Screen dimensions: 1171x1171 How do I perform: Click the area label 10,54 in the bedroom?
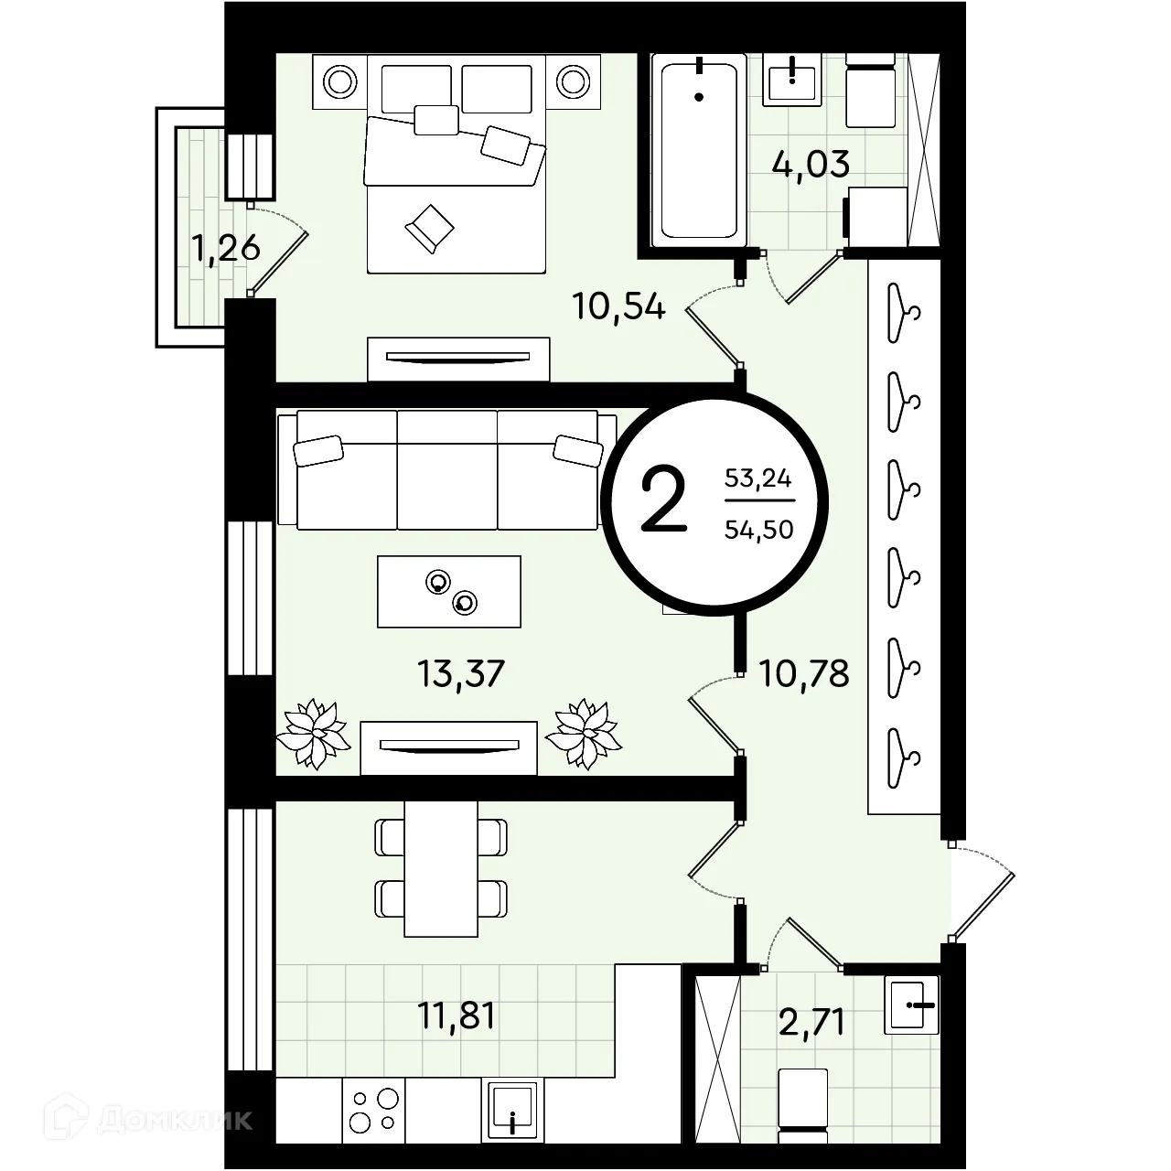618,306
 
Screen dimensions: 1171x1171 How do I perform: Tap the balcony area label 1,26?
225,249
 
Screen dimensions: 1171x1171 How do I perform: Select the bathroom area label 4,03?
811,164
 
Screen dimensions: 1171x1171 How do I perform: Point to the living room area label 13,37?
460,674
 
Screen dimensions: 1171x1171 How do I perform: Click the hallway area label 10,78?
804,674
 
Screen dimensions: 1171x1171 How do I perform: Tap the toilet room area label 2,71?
811,1023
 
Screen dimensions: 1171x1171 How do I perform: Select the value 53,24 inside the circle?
757,479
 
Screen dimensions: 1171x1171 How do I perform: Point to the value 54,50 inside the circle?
759,531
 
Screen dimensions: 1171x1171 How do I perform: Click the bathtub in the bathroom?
699,151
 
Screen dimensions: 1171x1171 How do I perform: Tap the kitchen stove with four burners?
374,1111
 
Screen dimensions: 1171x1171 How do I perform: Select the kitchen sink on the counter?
512,1111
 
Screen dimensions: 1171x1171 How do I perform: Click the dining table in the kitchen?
441,869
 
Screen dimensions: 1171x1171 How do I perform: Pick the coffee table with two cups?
449,591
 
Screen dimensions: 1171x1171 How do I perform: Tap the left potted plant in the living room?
314,734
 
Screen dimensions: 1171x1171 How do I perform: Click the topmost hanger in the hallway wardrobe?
904,314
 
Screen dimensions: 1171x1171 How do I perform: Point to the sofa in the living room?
446,469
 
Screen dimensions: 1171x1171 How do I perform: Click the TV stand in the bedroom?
458,360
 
